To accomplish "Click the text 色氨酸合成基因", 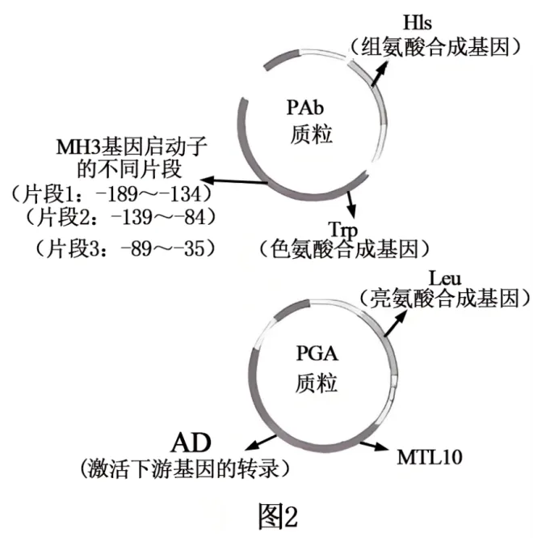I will tap(344, 248).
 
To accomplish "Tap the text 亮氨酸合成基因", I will tap(444, 299).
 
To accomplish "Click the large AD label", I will tap(191, 442).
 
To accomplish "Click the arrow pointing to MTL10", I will tap(374, 444).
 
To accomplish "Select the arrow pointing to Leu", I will tap(397, 322).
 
